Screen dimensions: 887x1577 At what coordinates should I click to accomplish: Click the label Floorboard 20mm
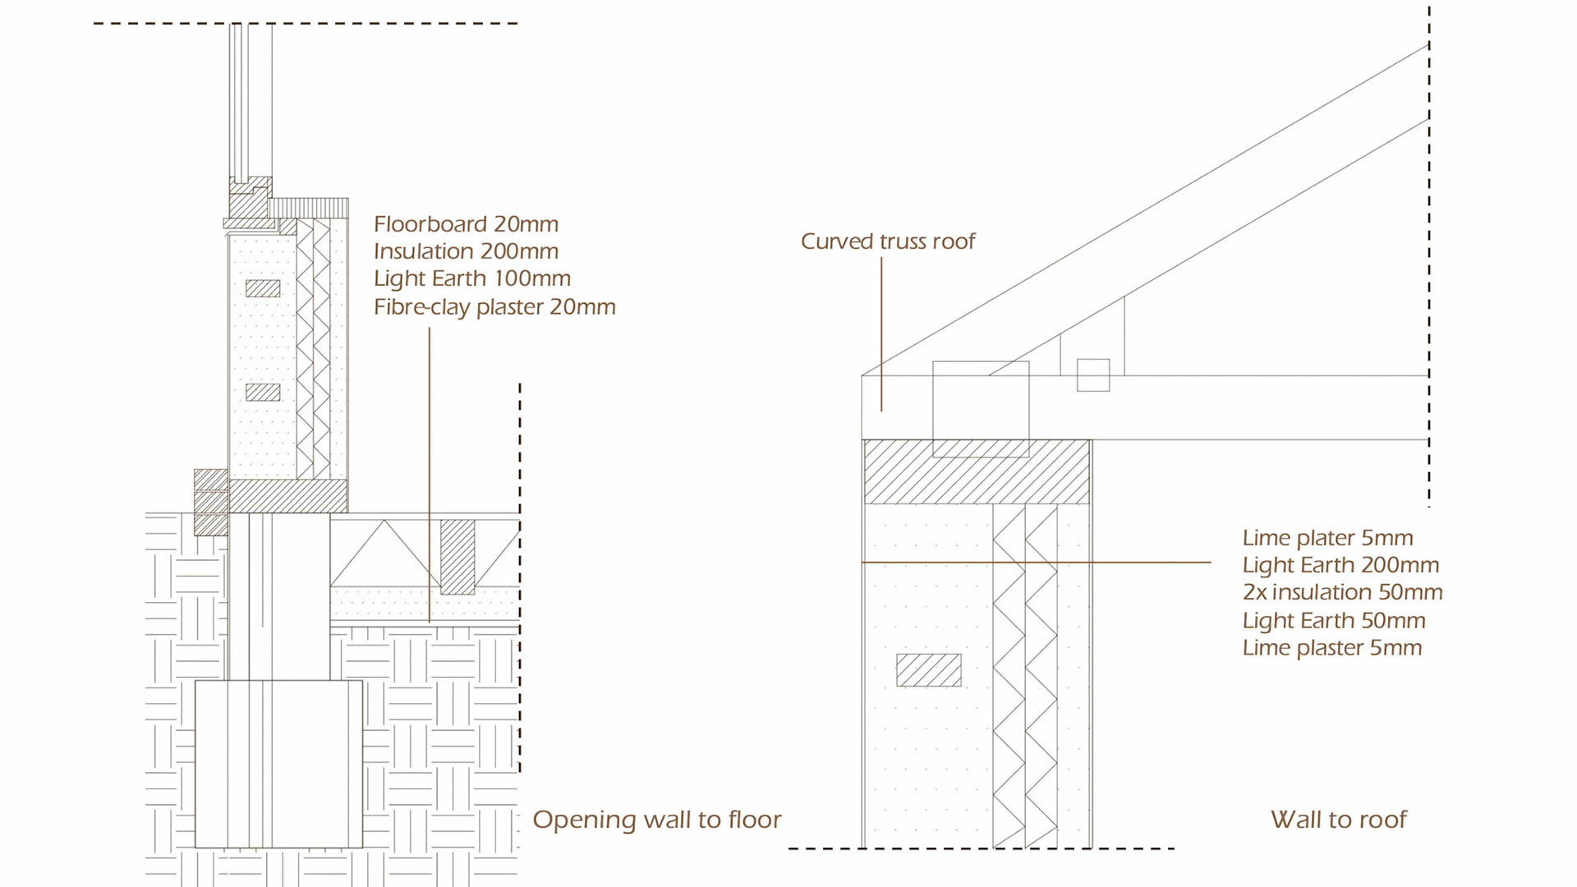click(466, 224)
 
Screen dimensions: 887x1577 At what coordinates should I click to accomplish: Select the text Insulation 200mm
click(466, 251)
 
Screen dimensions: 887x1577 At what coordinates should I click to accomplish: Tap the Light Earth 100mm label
click(472, 278)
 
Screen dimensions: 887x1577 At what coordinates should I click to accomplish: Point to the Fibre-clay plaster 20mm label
click(494, 307)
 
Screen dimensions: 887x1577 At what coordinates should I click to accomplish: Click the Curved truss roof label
click(888, 241)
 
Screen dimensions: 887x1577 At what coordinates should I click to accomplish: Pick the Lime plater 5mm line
click(1327, 538)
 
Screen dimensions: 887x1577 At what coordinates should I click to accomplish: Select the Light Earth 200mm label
click(1340, 565)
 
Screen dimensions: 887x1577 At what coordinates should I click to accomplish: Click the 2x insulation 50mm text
click(1342, 592)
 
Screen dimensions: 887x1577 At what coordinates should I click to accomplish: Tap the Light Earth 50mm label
click(1334, 620)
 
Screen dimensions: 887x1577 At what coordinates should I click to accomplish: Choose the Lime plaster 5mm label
click(1332, 648)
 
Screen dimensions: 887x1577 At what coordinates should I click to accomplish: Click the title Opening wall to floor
click(656, 820)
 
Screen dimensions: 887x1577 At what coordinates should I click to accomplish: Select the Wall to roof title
click(1338, 820)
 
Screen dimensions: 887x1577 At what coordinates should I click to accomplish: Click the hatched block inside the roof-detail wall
click(928, 670)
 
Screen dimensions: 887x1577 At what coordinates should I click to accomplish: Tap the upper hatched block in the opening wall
click(263, 288)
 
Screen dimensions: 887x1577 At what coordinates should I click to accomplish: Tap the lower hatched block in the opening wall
click(263, 392)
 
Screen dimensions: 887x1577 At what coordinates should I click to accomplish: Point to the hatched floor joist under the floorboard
click(457, 557)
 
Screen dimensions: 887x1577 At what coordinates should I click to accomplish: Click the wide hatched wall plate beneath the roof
click(976, 471)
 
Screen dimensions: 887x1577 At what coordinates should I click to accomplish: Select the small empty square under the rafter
click(1092, 375)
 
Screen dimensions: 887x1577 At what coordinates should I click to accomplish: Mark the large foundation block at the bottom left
click(278, 764)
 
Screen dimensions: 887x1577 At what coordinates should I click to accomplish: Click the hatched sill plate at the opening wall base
click(287, 496)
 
